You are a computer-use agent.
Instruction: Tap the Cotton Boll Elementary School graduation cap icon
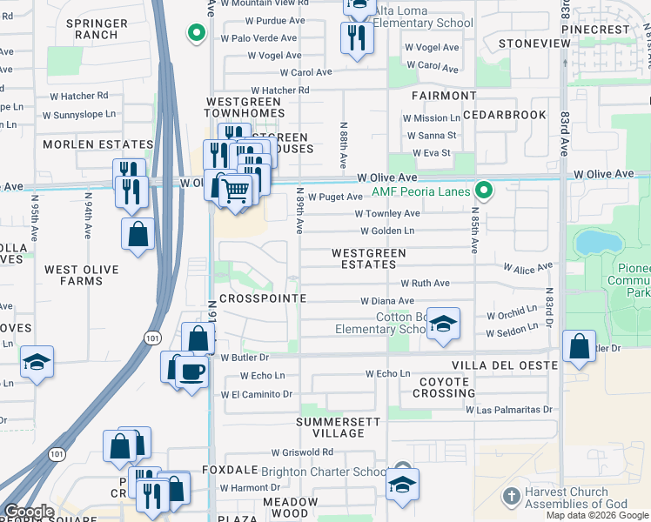pyautogui.click(x=443, y=325)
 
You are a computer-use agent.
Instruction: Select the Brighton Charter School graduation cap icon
pyautogui.click(x=402, y=485)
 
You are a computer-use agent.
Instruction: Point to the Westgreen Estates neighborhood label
pyautogui.click(x=368, y=258)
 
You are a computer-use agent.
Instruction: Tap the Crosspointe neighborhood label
pyautogui.click(x=263, y=298)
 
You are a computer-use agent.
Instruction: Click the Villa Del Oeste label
pyautogui.click(x=503, y=365)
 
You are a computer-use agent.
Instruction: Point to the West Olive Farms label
pyautogui.click(x=81, y=275)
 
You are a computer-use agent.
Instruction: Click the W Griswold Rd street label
pyautogui.click(x=302, y=452)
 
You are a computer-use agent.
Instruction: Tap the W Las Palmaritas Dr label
pyautogui.click(x=509, y=409)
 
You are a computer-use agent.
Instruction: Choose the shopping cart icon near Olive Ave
pyautogui.click(x=236, y=189)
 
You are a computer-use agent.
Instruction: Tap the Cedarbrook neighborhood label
pyautogui.click(x=504, y=115)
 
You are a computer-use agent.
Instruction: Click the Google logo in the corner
pyautogui.click(x=29, y=512)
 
